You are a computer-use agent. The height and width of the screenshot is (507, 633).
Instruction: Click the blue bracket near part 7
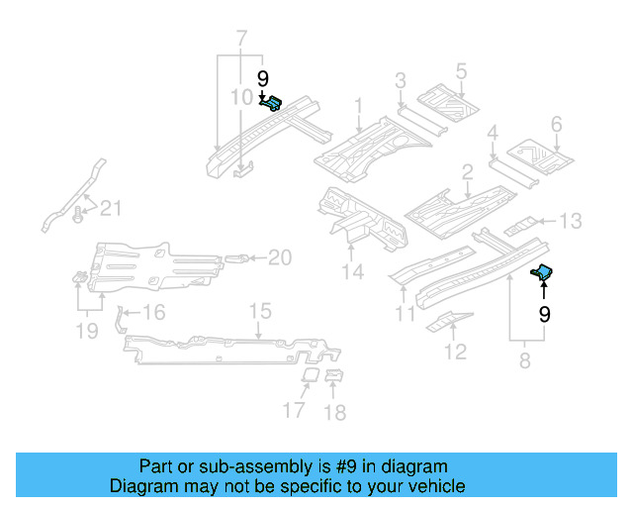coord(272,101)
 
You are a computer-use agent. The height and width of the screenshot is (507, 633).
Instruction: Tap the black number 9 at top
coord(263,79)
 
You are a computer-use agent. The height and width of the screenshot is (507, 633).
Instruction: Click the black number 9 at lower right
coord(544,314)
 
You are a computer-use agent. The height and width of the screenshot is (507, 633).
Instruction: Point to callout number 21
coord(111,208)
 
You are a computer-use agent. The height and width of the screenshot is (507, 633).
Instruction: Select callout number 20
coord(280,258)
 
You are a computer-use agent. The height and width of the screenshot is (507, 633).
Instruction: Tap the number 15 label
coord(259,312)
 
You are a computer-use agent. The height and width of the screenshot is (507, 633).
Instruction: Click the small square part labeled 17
coord(309,376)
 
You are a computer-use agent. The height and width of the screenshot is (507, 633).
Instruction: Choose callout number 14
coord(352,271)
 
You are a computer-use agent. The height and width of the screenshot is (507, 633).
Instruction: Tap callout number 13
coord(572,221)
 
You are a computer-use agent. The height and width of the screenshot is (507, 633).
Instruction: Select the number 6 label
coord(556,125)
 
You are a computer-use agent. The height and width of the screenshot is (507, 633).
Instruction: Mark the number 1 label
coord(358,106)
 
